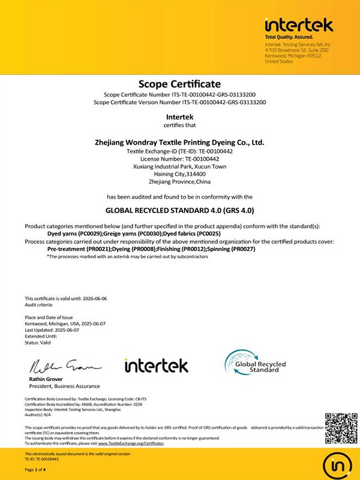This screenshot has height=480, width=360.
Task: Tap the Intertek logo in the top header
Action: (x=298, y=26)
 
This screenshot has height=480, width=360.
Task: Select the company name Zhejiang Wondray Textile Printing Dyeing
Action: (x=180, y=143)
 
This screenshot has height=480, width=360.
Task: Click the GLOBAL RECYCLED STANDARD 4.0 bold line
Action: (x=180, y=211)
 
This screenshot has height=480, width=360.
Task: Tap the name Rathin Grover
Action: (x=46, y=379)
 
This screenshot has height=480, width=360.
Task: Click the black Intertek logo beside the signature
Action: (x=156, y=365)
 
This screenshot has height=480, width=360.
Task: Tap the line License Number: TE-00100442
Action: (x=180, y=160)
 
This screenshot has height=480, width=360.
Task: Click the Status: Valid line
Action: (x=37, y=342)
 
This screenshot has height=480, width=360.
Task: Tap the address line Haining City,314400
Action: (x=180, y=174)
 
